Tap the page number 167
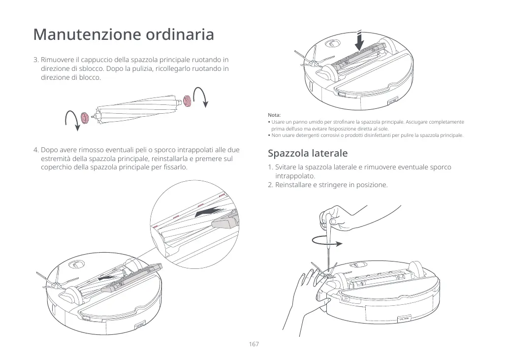pyautogui.click(x=254, y=344)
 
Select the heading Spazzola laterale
pyautogui.click(x=308, y=153)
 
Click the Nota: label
pyautogui.click(x=274, y=115)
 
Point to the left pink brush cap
pyautogui.click(x=85, y=117)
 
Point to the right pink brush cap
pyautogui.click(x=187, y=99)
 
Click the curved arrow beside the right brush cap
pyautogui.click(x=202, y=97)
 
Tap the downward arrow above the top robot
pyautogui.click(x=360, y=40)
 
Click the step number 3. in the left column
pyautogui.click(x=36, y=60)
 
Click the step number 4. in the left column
pyautogui.click(x=36, y=149)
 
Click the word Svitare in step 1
pyautogui.click(x=287, y=167)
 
